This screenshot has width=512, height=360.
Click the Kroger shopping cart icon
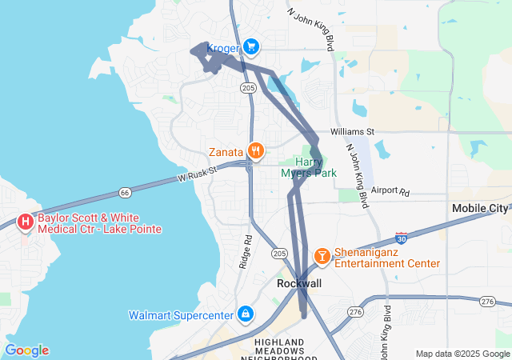[x=251, y=47]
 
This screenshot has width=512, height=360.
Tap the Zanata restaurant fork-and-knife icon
[x=256, y=150]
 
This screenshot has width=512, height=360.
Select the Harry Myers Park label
[x=309, y=167]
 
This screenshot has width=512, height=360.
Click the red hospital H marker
[x=26, y=221]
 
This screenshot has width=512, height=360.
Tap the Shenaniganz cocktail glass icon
[x=322, y=255]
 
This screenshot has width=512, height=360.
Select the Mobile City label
[x=480, y=209]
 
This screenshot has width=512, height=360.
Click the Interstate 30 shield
[x=402, y=239]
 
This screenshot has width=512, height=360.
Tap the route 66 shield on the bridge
[x=124, y=192]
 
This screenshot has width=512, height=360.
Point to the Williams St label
[x=352, y=131]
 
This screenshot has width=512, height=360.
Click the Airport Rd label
[x=390, y=192]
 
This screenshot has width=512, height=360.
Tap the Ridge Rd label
[x=246, y=250]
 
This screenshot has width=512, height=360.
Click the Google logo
[x=26, y=350]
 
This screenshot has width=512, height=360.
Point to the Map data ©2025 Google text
[x=462, y=354]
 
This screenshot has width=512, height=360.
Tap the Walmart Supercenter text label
[x=181, y=315]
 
